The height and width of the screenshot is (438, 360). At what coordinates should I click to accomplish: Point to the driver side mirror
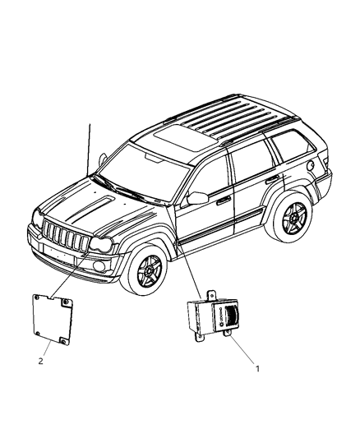point(196,198)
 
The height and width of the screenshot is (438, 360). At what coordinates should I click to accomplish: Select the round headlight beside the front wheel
point(102,245)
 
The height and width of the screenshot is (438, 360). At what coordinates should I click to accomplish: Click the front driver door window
point(209,181)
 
